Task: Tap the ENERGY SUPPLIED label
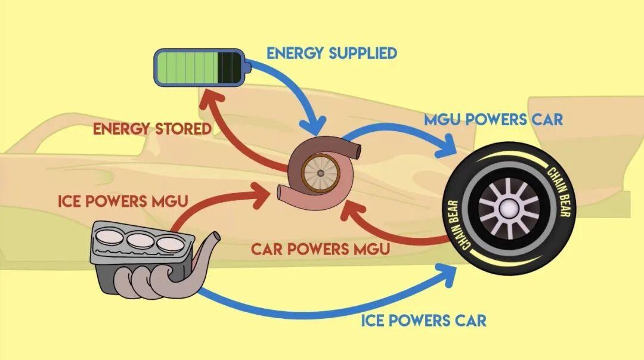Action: click(x=332, y=53)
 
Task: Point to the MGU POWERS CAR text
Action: click(x=493, y=119)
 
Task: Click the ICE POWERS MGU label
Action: click(x=123, y=200)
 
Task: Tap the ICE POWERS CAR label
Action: click(x=423, y=320)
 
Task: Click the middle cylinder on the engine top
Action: click(x=141, y=241)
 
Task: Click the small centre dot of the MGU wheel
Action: click(x=320, y=173)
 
